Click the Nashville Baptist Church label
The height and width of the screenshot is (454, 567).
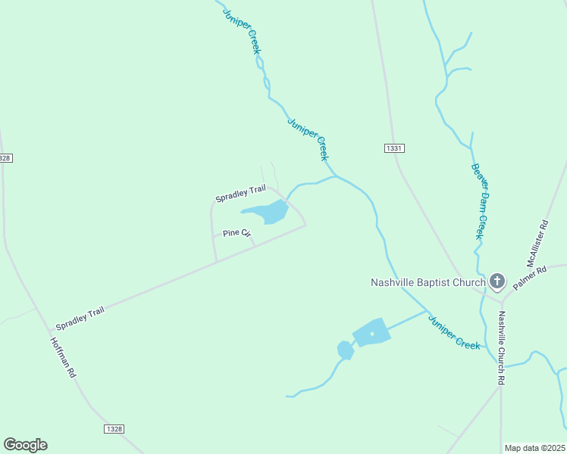tap(427, 283)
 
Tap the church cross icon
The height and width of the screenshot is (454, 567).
tap(497, 283)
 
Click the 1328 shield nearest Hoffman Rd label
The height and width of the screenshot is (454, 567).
tap(113, 429)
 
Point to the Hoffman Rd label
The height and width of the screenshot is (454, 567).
tap(63, 357)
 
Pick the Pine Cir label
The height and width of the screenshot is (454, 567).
tap(237, 234)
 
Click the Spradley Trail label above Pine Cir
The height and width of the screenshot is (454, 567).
tap(240, 194)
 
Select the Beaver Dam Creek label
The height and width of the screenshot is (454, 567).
tap(478, 201)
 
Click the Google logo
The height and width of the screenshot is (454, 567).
tap(25, 445)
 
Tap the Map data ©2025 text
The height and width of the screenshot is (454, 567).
tap(534, 448)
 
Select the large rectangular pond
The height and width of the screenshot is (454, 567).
tap(371, 332)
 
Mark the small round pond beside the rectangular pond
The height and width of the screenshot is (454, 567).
tap(345, 350)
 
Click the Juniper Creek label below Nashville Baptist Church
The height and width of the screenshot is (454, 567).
tap(453, 331)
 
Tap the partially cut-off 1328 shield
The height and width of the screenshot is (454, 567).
tap(5, 157)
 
